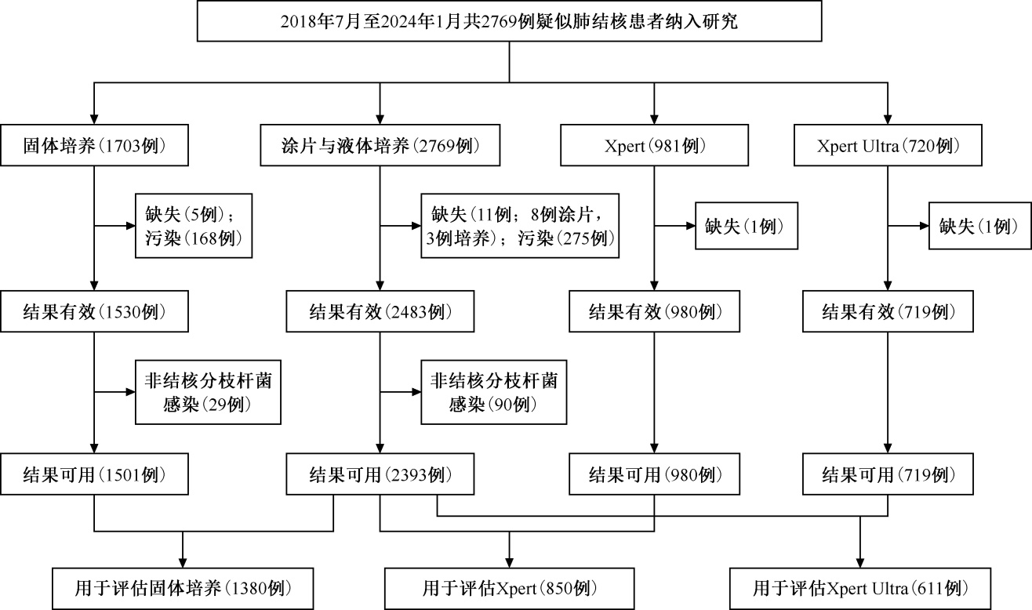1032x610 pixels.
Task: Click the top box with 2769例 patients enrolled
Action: pos(509,21)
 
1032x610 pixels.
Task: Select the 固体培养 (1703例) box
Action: pos(94,145)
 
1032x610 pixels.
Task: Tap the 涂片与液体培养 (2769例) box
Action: pos(380,145)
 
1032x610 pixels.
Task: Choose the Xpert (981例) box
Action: pos(654,145)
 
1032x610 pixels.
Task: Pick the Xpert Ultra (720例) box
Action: pos(888,145)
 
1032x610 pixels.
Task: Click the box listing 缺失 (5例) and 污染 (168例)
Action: pos(194,226)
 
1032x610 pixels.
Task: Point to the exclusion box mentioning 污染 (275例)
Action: pos(520,226)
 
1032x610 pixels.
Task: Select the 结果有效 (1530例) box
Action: pos(94,311)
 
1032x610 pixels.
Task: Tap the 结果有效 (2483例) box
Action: pos(380,311)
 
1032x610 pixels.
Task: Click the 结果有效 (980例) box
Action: pos(654,311)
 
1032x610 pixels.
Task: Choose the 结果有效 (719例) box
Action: pos(888,311)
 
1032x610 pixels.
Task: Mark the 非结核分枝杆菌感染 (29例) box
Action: pos(208,392)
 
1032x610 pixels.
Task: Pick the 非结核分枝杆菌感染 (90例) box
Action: pos(493,392)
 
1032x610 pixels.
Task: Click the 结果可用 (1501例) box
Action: pos(94,474)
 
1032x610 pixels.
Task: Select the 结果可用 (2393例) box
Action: pos(380,474)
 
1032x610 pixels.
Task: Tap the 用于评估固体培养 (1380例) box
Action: pos(183,589)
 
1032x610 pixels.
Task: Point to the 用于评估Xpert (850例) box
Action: pos(509,589)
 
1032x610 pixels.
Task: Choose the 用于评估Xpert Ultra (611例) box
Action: pos(860,589)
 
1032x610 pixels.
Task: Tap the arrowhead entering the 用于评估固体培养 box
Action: pos(183,562)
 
